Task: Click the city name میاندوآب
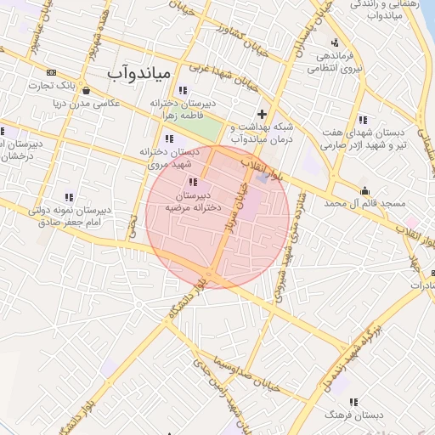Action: (x=139, y=73)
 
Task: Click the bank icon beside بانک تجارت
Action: (x=53, y=73)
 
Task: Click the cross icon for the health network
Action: (x=262, y=113)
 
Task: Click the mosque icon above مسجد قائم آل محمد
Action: (x=365, y=190)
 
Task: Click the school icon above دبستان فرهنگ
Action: (x=353, y=402)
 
